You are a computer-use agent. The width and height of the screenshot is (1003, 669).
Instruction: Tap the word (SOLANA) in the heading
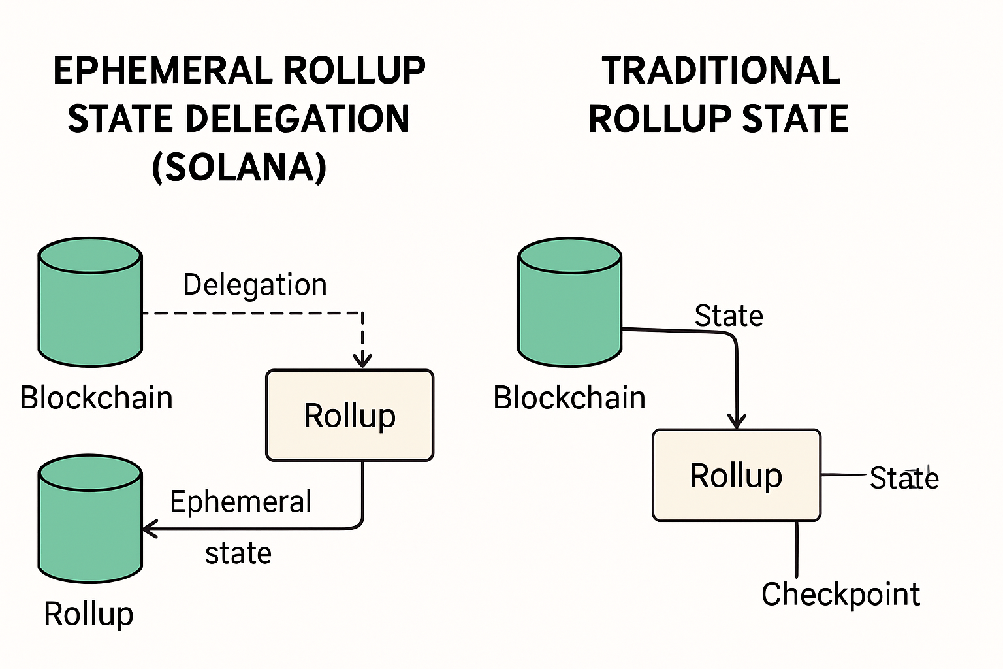pos(239,167)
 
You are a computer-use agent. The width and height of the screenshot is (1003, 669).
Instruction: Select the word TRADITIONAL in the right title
pos(721,71)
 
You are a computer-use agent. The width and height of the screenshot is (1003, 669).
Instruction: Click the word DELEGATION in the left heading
pos(298,119)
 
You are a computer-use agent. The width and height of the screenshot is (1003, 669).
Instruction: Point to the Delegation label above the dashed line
pos(255,285)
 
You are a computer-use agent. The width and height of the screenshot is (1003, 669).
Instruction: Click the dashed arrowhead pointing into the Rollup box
pos(362,360)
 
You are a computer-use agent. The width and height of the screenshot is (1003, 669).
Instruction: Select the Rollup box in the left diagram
pos(349,416)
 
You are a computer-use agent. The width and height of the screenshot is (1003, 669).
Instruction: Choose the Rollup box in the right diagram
pos(736,475)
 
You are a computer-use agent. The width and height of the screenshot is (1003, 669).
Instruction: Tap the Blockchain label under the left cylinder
pos(96,397)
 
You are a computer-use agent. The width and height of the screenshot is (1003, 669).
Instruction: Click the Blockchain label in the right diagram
pos(569,397)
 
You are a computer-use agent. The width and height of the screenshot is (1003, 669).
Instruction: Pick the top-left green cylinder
pos(90,302)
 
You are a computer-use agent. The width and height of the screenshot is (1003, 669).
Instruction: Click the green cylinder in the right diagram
pos(569,302)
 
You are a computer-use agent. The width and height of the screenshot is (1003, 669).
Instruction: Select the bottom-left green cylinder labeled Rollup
pos(90,519)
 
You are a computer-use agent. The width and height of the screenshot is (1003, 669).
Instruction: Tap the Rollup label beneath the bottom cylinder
pos(88,614)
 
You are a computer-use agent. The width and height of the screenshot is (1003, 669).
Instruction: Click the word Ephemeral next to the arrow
pos(240,502)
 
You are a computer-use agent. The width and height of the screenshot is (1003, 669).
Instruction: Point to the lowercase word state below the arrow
pos(238,553)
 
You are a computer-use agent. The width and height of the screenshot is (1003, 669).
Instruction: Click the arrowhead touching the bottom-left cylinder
pos(150,529)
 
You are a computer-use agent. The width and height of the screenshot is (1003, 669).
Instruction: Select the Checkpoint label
pos(840,595)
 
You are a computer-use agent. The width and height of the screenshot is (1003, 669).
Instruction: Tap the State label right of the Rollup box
pos(904,478)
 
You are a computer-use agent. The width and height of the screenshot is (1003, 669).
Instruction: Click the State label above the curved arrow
pos(728,316)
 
